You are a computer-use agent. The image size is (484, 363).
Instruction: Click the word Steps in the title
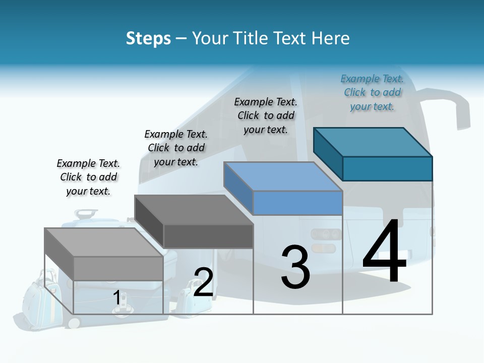coord(148,38)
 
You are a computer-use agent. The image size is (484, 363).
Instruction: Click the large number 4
coord(384,252)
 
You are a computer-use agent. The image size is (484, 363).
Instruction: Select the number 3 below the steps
coord(295,267)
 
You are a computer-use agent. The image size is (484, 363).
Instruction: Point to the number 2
coord(203,282)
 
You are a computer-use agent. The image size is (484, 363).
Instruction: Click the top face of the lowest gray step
coord(104,242)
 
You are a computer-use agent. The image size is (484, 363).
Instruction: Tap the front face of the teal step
coord(387,168)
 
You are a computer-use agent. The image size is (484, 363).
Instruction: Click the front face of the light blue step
coord(297,203)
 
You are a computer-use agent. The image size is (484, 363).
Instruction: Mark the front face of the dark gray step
coord(208,236)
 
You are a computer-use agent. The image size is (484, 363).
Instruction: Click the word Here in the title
coord(330,38)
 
